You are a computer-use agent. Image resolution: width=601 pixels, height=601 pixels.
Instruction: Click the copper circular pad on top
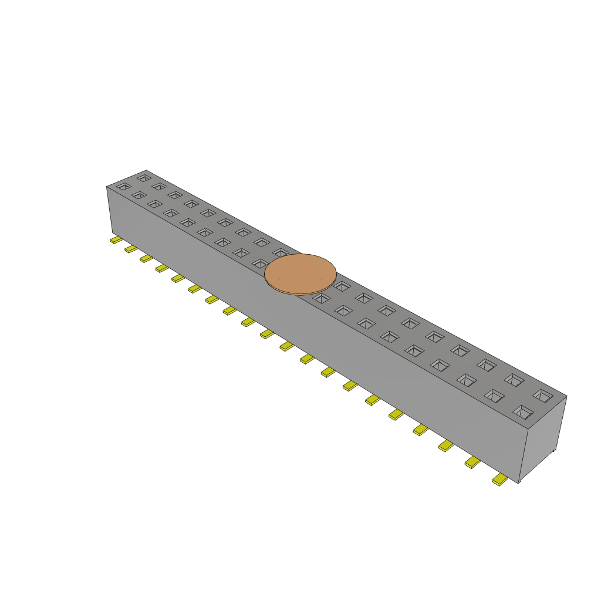tap(300, 274)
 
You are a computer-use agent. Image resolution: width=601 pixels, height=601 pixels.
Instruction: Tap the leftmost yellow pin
tap(116, 240)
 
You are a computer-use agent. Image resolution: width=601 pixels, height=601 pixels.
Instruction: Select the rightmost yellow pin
tap(500, 480)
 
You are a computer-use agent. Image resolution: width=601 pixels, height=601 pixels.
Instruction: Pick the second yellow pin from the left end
tap(130, 249)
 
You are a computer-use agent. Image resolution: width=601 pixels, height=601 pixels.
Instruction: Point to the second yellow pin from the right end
tap(472, 463)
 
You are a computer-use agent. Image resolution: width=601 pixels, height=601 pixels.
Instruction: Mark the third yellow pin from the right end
tap(446, 447)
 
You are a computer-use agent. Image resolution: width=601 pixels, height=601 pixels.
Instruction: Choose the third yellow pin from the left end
tap(146, 259)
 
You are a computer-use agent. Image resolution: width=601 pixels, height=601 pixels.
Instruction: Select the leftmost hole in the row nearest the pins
tap(123, 187)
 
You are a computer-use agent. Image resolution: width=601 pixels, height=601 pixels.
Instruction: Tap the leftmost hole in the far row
tap(143, 177)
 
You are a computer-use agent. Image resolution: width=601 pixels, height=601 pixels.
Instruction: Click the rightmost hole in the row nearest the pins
tap(522, 411)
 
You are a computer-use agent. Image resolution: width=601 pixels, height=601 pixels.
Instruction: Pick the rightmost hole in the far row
tap(542, 395)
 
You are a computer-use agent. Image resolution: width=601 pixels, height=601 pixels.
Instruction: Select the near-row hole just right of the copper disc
tap(321, 298)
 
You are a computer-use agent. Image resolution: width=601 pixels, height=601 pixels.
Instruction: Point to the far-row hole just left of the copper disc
tap(281, 252)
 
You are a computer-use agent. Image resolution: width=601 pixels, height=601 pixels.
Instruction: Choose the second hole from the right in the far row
tap(514, 380)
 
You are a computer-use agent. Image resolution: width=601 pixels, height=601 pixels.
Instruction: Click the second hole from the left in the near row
tap(139, 195)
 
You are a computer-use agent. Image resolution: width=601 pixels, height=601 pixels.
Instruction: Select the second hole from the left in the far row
tap(159, 186)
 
